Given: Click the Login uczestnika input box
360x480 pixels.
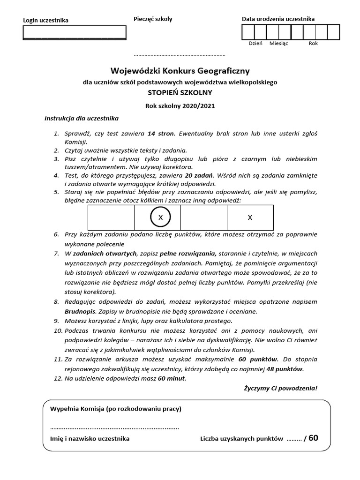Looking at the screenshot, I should (x=75, y=32).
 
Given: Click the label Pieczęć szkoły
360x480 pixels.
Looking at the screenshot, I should (x=153, y=19).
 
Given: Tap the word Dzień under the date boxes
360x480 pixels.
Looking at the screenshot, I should (x=255, y=43).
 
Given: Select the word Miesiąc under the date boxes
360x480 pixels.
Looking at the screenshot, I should (x=279, y=43).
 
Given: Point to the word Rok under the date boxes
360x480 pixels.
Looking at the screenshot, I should (x=313, y=43).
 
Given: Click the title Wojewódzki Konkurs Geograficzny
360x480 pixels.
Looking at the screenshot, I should (x=180, y=71).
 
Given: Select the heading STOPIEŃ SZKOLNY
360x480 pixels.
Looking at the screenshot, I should (x=180, y=92).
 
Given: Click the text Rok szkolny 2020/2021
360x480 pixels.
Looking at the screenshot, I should (x=180, y=106).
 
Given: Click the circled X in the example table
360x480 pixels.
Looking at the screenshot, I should (x=160, y=217).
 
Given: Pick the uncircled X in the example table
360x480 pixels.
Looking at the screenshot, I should (x=250, y=217).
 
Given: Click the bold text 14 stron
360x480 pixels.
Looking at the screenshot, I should (x=161, y=134).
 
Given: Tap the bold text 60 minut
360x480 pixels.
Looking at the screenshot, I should (x=172, y=378).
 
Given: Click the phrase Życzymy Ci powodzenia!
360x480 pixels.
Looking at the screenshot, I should (x=280, y=388).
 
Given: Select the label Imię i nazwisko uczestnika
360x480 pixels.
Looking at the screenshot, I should (x=90, y=439).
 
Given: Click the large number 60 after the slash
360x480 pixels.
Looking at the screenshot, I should (x=313, y=438).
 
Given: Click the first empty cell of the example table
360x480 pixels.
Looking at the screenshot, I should (x=111, y=217).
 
